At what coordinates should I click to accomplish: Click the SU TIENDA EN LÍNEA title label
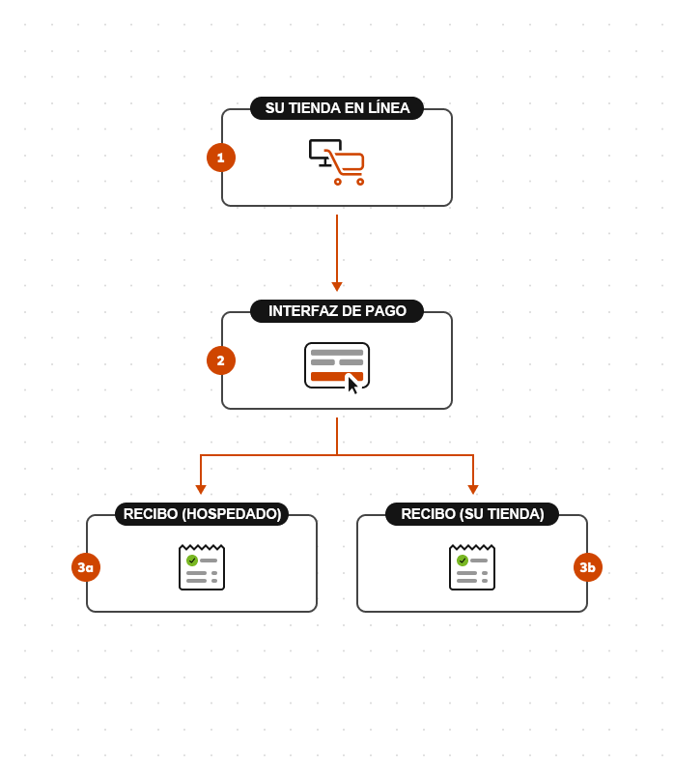coord(337,108)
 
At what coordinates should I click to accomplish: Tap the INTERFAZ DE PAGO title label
coord(337,311)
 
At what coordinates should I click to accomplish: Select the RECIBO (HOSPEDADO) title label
coord(202,514)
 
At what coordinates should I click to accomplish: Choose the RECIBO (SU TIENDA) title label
coord(472,514)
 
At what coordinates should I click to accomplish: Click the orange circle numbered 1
coord(221,158)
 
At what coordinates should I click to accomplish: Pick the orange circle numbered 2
coord(221,360)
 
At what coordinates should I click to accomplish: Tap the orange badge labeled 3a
coord(86,567)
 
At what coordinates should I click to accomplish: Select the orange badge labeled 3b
coord(588,567)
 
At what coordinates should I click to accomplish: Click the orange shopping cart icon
coord(347,165)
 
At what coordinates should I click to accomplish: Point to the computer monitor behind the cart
coord(322,149)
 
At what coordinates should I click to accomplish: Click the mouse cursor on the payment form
coord(352,385)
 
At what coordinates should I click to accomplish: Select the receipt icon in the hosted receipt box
coord(202,567)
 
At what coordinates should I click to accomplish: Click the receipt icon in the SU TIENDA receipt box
coord(472,567)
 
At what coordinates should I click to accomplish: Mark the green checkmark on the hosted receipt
coord(192,561)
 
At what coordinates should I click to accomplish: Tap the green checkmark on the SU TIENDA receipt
coord(463,561)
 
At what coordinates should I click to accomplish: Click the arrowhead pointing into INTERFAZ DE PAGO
coord(337,286)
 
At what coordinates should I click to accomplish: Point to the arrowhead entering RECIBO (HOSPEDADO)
coord(201,489)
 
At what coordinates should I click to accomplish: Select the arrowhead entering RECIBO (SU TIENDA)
coord(473,489)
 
